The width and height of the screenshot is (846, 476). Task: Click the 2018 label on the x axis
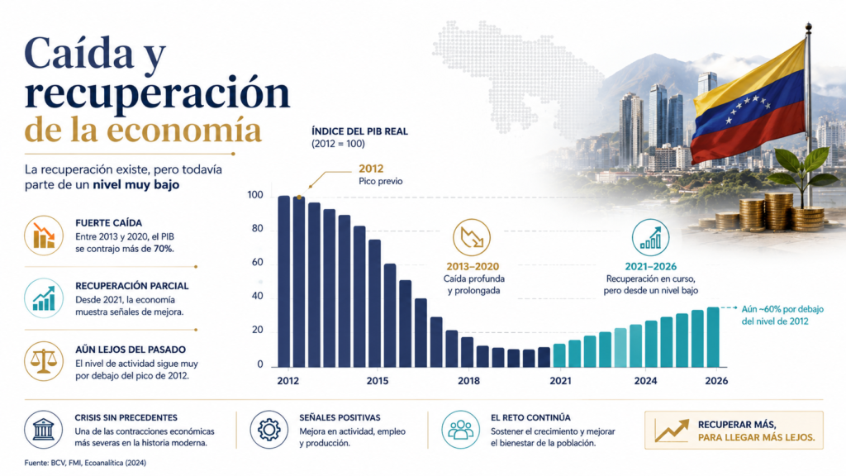tap(468, 381)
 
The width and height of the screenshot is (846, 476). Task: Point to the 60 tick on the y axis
tap(257, 262)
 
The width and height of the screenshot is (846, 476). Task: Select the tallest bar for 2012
tap(284, 281)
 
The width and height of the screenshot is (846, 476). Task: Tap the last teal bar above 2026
tap(713, 337)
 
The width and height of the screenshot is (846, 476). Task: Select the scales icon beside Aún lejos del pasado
tap(44, 361)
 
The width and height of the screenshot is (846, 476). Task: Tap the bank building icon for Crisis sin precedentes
tap(43, 430)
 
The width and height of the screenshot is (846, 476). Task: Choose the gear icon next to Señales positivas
tap(269, 430)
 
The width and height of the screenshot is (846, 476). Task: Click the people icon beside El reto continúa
tap(460, 430)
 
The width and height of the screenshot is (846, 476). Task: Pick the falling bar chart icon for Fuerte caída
tap(44, 236)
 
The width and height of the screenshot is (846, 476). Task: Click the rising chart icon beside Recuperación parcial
tap(44, 297)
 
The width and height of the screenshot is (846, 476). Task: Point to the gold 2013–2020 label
tap(473, 266)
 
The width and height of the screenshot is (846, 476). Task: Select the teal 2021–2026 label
tap(651, 266)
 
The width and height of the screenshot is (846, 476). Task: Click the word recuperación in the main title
tap(157, 93)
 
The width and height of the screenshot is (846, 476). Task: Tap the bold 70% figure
tap(164, 249)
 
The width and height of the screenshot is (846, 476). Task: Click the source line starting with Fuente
tap(85, 463)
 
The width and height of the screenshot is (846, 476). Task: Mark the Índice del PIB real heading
tap(360, 131)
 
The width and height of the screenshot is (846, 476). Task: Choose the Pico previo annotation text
tap(380, 181)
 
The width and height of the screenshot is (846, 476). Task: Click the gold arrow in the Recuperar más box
tap(672, 430)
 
